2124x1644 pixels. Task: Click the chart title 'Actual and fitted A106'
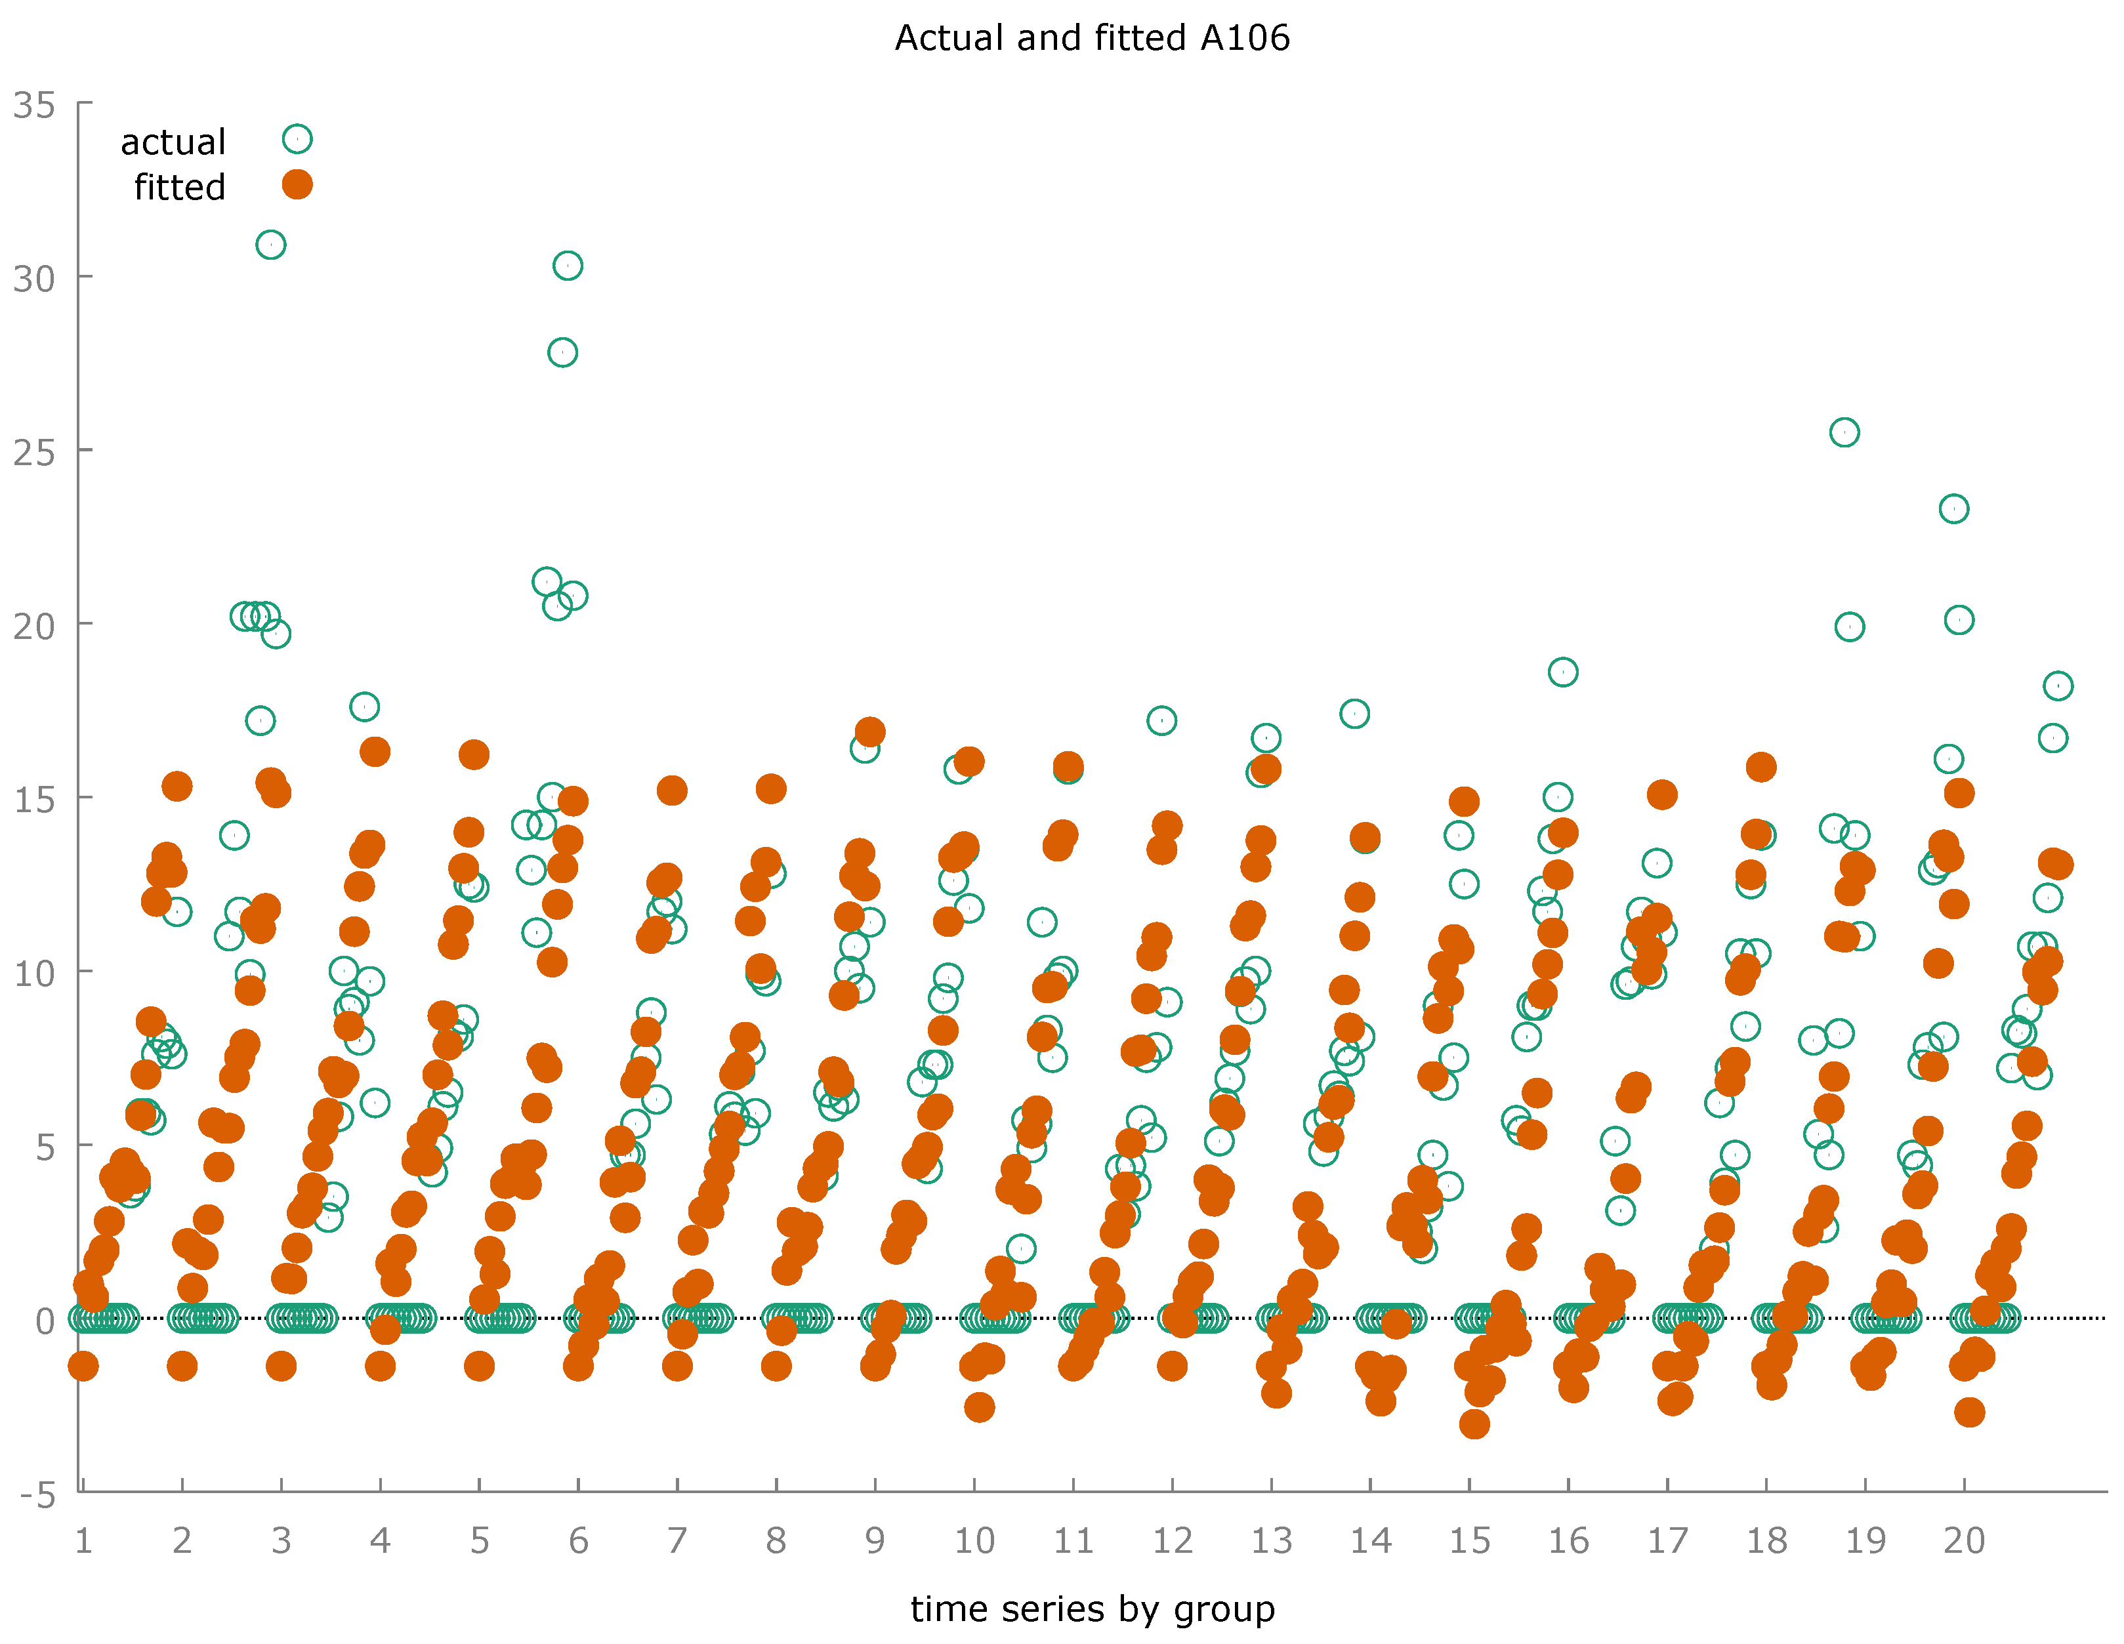[x=1091, y=38]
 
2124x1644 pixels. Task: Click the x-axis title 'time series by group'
[x=1091, y=1609]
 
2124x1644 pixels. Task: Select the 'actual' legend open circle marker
[x=297, y=139]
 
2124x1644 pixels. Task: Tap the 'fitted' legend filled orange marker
[x=297, y=185]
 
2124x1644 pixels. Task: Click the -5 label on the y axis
[x=37, y=1495]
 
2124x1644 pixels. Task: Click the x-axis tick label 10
[x=974, y=1541]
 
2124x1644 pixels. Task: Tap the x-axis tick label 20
[x=1963, y=1541]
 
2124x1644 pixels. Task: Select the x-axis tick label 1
[x=83, y=1541]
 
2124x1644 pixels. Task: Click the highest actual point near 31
[x=270, y=245]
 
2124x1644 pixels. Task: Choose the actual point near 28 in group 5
[x=562, y=352]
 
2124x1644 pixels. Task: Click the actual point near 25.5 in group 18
[x=1844, y=432]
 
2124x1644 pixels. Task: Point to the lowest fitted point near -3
[x=1474, y=1424]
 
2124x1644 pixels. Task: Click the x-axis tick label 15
[x=1470, y=1541]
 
